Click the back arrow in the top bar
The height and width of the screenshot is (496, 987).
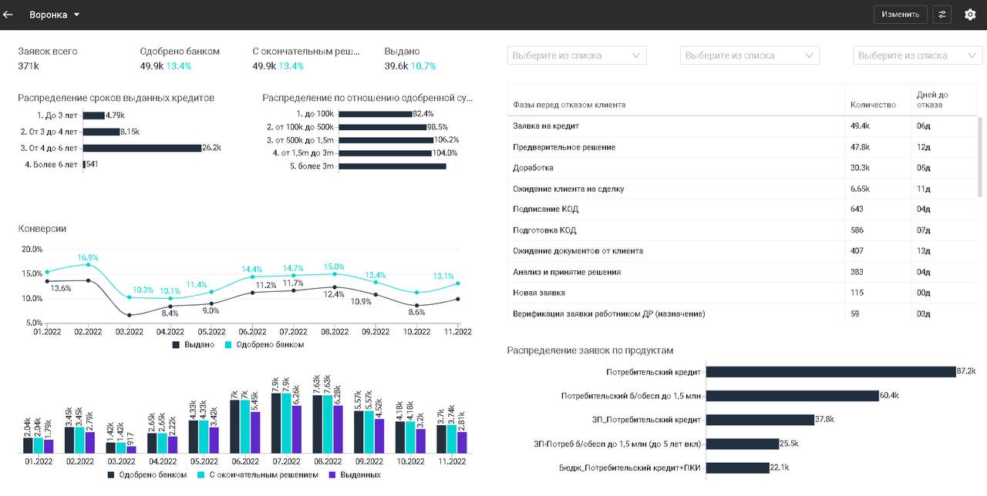click(8, 15)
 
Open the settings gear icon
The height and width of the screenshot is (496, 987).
click(970, 15)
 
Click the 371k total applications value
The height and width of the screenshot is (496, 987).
click(29, 66)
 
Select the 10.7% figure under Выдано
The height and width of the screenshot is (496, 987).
click(423, 66)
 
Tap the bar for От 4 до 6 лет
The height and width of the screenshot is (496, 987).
click(142, 148)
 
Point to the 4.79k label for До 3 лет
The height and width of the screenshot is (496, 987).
click(115, 116)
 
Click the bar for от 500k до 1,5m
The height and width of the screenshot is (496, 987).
click(386, 140)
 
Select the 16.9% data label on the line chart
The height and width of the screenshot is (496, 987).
click(88, 257)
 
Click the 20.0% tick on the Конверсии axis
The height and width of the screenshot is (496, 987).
click(32, 250)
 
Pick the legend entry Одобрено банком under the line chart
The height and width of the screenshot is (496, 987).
click(269, 345)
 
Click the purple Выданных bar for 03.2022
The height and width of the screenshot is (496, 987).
click(131, 449)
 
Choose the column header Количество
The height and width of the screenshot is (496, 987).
click(873, 105)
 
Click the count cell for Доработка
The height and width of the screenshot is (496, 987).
click(860, 168)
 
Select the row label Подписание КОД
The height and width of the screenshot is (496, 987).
click(545, 209)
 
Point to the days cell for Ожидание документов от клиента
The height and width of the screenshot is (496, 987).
click(923, 251)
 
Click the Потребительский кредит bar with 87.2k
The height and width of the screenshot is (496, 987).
click(830, 372)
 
